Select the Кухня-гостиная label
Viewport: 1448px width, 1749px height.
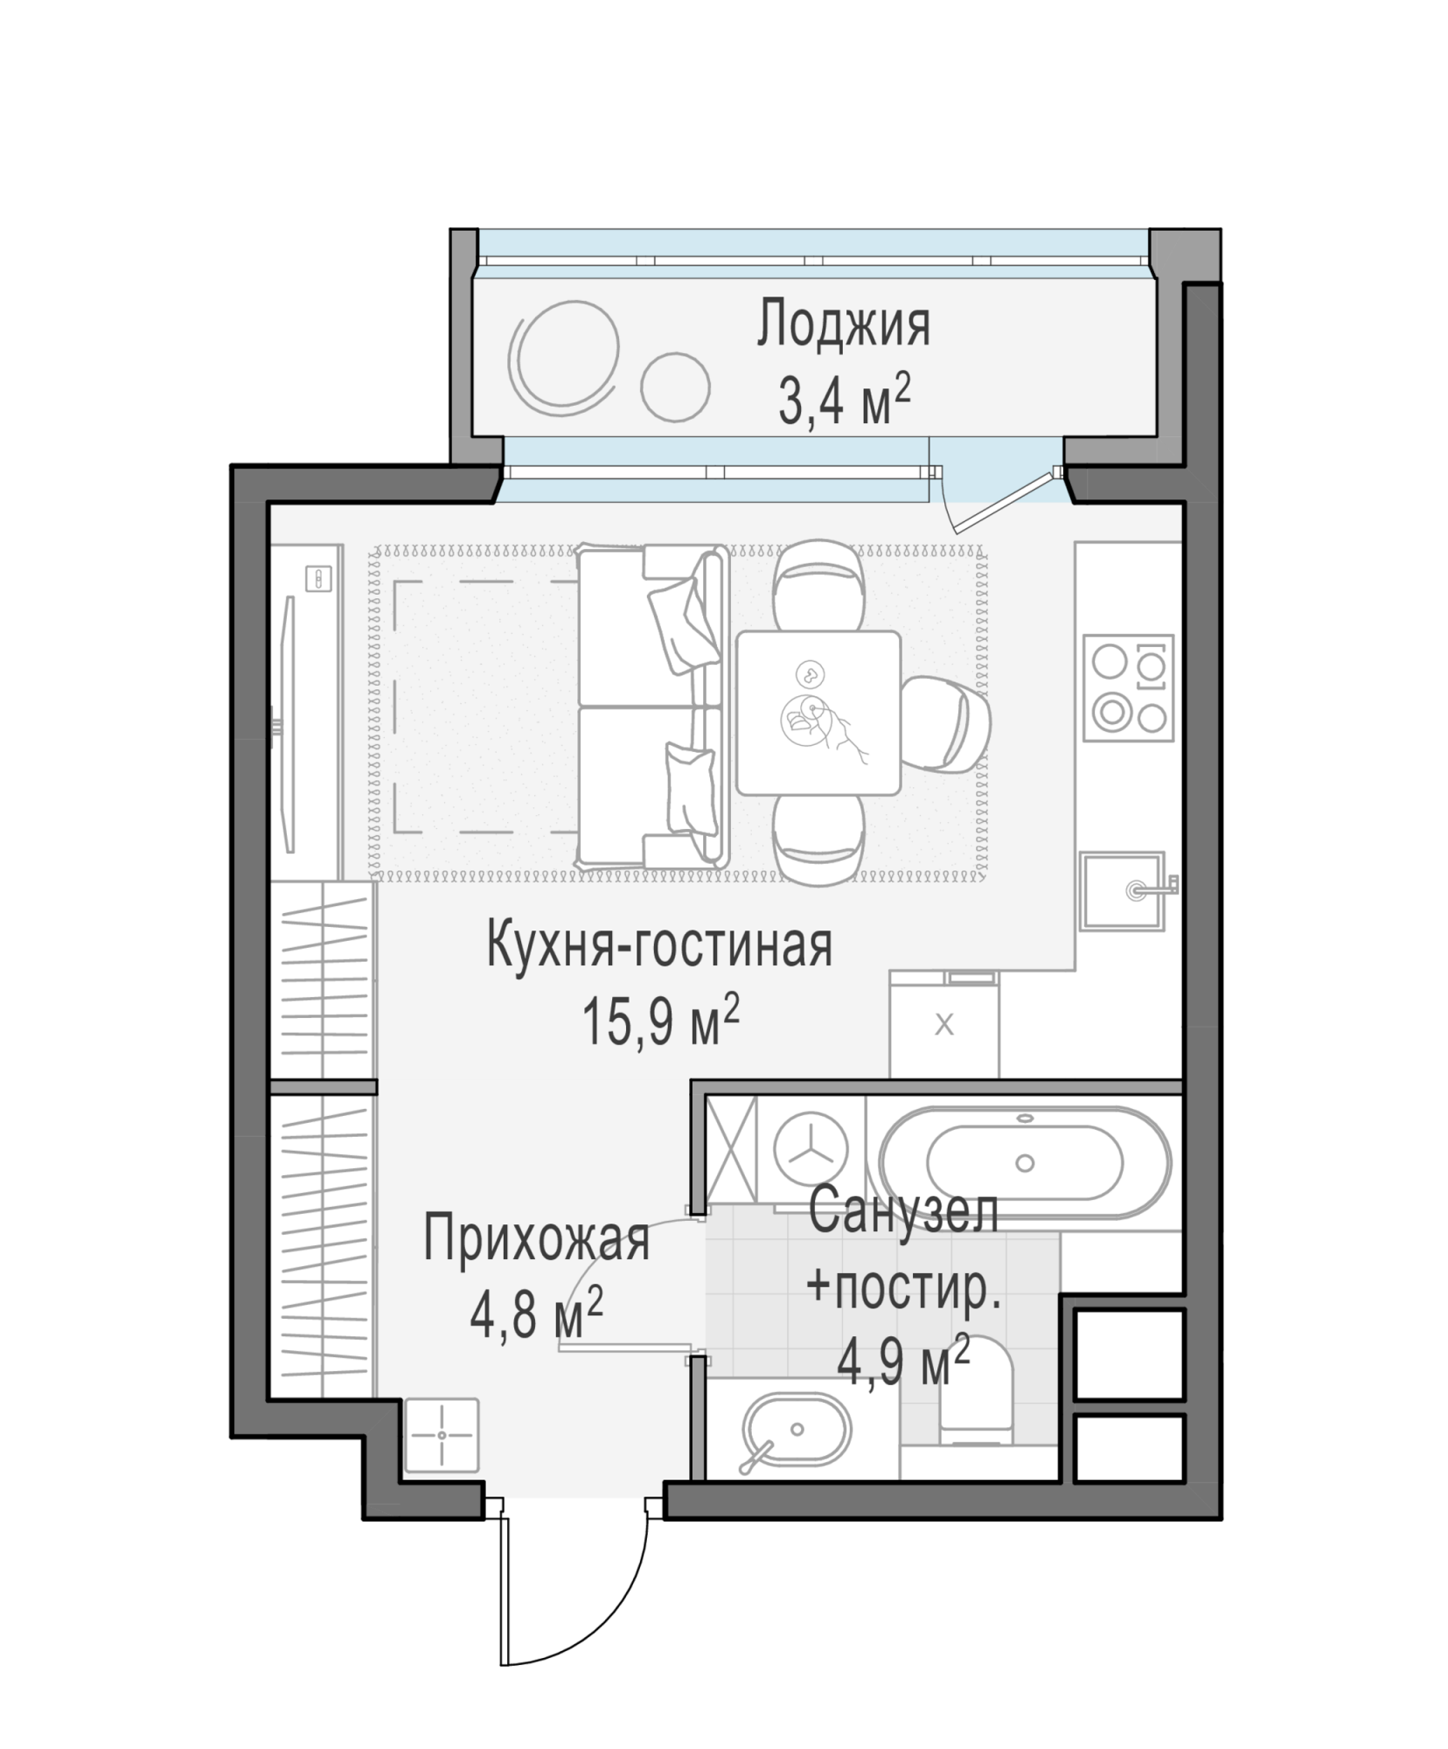point(658,947)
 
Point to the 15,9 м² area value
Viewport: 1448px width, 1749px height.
point(660,1021)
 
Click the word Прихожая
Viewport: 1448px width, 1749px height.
point(536,1239)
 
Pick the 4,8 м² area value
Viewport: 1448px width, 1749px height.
point(536,1313)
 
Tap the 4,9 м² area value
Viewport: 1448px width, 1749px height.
point(903,1361)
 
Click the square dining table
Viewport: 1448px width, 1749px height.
point(818,713)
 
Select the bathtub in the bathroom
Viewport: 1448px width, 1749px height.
point(1025,1163)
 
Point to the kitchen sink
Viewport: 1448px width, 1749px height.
point(1125,890)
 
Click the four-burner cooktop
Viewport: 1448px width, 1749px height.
point(1128,687)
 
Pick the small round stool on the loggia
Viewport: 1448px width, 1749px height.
point(674,386)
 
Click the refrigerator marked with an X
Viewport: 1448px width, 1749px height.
point(943,1023)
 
